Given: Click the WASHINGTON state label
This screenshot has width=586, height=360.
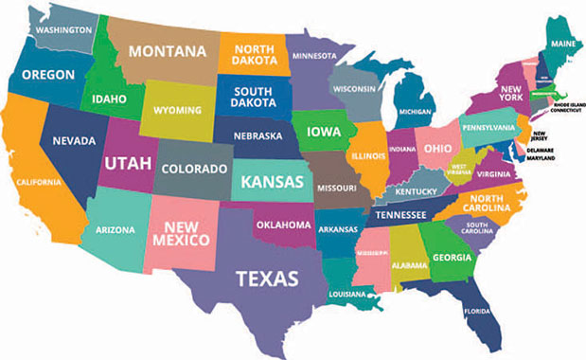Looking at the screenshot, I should [x=63, y=29].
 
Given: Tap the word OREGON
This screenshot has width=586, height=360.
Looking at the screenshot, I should [x=49, y=74].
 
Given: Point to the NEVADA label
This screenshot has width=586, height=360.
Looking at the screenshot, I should [x=73, y=141].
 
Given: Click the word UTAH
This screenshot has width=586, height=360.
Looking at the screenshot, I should [x=127, y=164].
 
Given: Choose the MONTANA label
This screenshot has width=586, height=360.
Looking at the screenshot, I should [x=168, y=50].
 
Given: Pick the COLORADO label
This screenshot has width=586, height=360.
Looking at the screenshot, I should [x=195, y=170].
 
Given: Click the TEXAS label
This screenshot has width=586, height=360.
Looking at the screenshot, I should [x=268, y=279].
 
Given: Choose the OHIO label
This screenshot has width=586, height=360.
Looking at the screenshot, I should [x=437, y=149].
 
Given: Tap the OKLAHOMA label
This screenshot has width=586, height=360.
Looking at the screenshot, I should [x=286, y=225].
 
